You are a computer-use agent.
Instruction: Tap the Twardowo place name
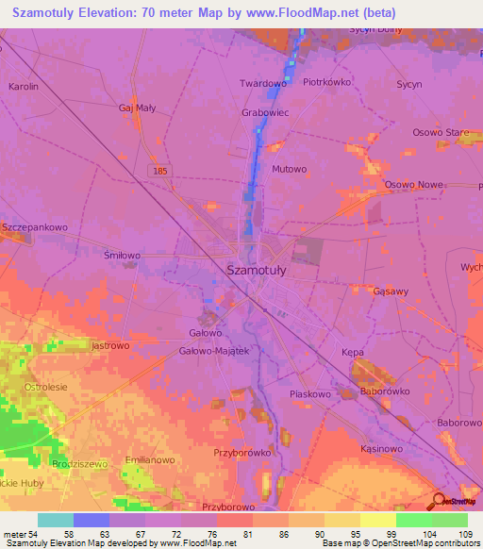tap(263, 83)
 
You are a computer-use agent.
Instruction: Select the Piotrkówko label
tap(327, 82)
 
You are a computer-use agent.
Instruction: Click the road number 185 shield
tap(161, 169)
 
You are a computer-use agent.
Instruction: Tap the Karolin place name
tap(23, 86)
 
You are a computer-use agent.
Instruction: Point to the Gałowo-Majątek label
tap(213, 351)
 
